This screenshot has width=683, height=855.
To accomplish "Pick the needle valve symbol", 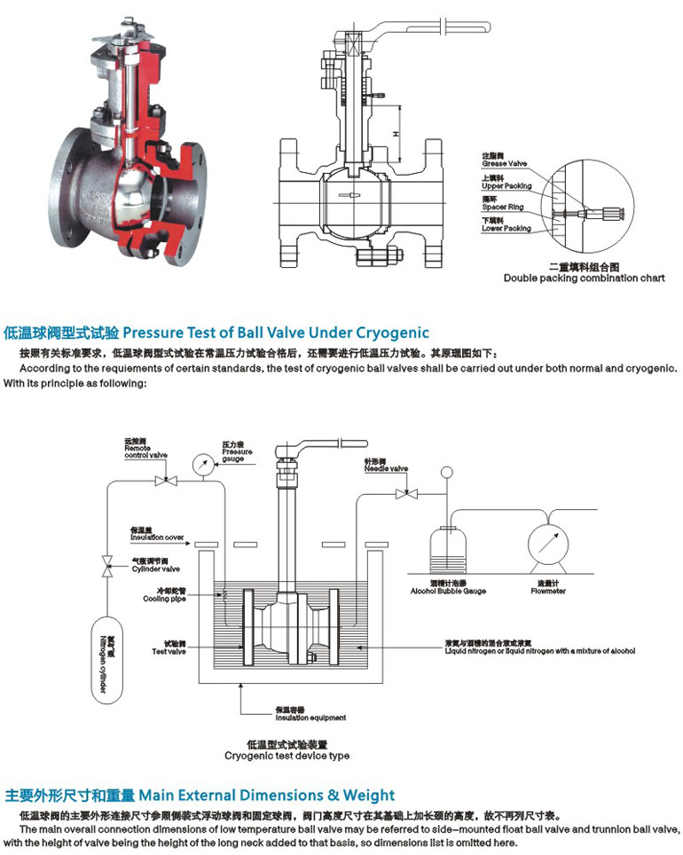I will [410, 494].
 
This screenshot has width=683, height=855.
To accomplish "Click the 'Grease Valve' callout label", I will [505, 161].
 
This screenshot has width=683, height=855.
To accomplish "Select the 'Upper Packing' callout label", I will [506, 184].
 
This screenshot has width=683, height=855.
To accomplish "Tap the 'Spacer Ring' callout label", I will [503, 206].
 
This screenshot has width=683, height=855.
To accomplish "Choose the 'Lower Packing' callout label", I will [506, 227].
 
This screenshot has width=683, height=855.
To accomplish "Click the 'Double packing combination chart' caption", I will [584, 278].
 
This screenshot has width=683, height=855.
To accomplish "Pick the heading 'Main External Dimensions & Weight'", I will [267, 795].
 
